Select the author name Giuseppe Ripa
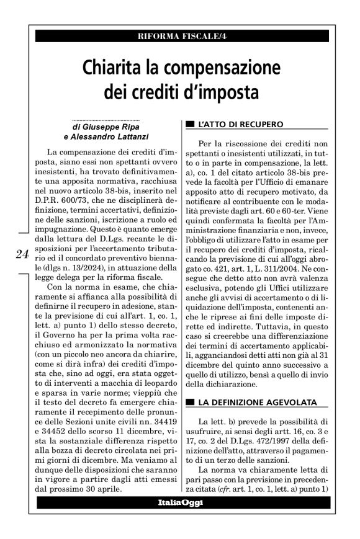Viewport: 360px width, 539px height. [x=110, y=127]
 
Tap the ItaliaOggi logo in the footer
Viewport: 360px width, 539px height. [x=179, y=501]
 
